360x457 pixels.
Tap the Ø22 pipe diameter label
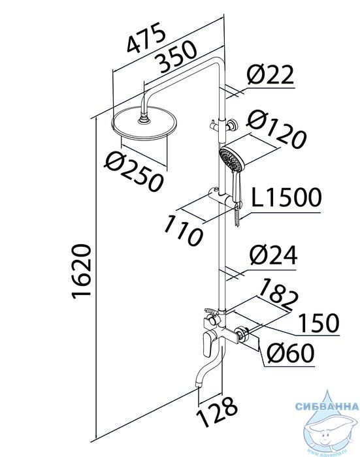270,75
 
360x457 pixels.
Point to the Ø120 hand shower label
276,129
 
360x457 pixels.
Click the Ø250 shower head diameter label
134,172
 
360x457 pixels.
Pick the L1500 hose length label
286,198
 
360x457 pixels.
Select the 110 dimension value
183,231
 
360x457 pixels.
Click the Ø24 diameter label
273,255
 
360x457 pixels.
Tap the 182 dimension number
278,295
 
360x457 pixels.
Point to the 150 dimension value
319,323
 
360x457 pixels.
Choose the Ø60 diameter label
291,353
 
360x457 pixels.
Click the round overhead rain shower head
144,123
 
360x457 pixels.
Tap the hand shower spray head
231,160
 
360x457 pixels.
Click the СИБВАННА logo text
327,406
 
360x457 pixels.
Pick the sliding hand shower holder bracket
224,197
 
